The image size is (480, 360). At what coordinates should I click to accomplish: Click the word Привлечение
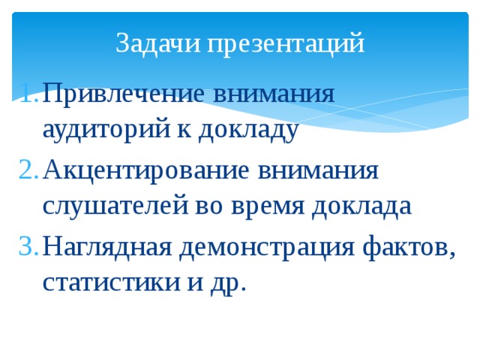123,94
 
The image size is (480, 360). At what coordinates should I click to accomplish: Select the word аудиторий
107,130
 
